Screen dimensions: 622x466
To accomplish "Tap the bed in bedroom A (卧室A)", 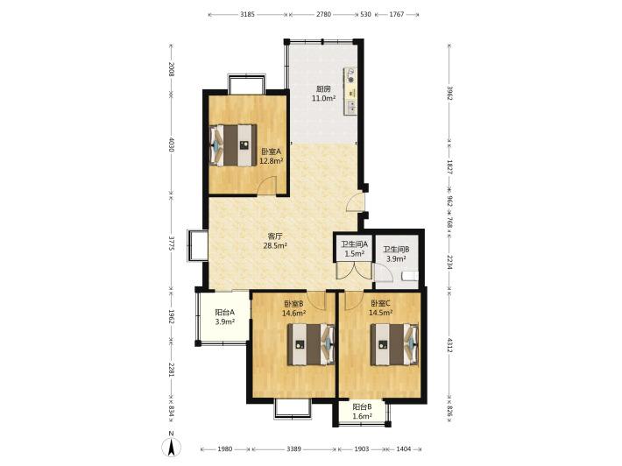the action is (233, 145).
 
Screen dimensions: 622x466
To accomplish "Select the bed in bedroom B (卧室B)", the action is (311, 344).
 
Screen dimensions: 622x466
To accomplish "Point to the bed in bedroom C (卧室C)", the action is (394, 344).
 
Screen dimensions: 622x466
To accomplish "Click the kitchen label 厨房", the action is (323, 89).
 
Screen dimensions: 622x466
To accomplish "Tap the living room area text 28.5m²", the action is (275, 246).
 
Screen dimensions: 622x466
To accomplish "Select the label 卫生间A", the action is (355, 245).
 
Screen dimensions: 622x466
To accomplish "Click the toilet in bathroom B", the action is (410, 276).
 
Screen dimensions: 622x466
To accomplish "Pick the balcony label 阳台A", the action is (224, 312).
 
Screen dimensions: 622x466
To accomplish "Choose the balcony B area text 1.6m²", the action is (362, 416).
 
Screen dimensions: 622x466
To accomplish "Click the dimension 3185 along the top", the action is (247, 14).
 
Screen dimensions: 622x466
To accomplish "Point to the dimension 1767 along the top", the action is (396, 14).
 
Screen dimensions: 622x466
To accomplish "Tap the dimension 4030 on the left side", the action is (171, 145).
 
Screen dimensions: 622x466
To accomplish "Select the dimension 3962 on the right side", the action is (449, 93).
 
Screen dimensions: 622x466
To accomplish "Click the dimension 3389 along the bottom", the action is (294, 449).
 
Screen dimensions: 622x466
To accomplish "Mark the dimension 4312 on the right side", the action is (449, 344).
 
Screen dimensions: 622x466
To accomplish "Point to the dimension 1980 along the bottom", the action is (225, 449).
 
